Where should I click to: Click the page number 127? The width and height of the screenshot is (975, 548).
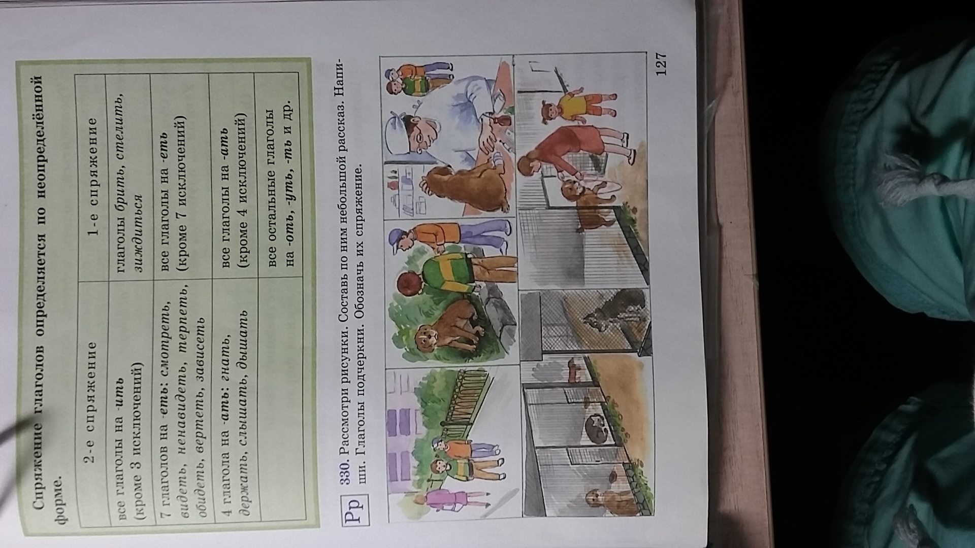tap(661, 64)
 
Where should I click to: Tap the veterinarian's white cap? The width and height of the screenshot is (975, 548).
tap(398, 129)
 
